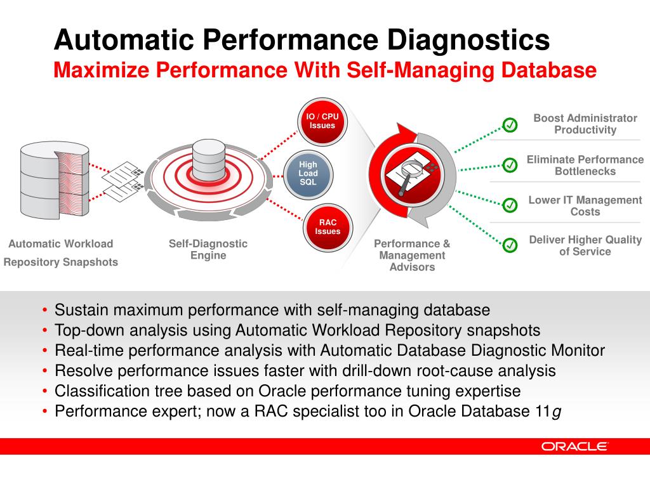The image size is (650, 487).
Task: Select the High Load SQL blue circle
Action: pyautogui.click(x=308, y=173)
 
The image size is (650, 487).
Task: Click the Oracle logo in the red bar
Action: pyautogui.click(x=574, y=446)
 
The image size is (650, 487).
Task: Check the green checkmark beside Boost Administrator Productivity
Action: pyautogui.click(x=510, y=125)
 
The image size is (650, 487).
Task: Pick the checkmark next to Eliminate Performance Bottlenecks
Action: pyautogui.click(x=510, y=165)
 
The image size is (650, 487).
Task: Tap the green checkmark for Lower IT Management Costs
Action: pyautogui.click(x=510, y=205)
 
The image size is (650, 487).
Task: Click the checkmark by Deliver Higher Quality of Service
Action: pyautogui.click(x=510, y=245)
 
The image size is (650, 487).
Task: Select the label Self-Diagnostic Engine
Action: pyautogui.click(x=208, y=249)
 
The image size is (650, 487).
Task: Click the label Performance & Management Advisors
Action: pyautogui.click(x=412, y=255)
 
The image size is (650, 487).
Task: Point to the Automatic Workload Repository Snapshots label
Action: pyautogui.click(x=61, y=252)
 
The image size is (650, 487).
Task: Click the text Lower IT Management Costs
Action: pyautogui.click(x=585, y=205)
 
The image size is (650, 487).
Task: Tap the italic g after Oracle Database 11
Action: pyautogui.click(x=557, y=412)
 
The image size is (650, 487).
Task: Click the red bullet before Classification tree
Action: pyautogui.click(x=44, y=391)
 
